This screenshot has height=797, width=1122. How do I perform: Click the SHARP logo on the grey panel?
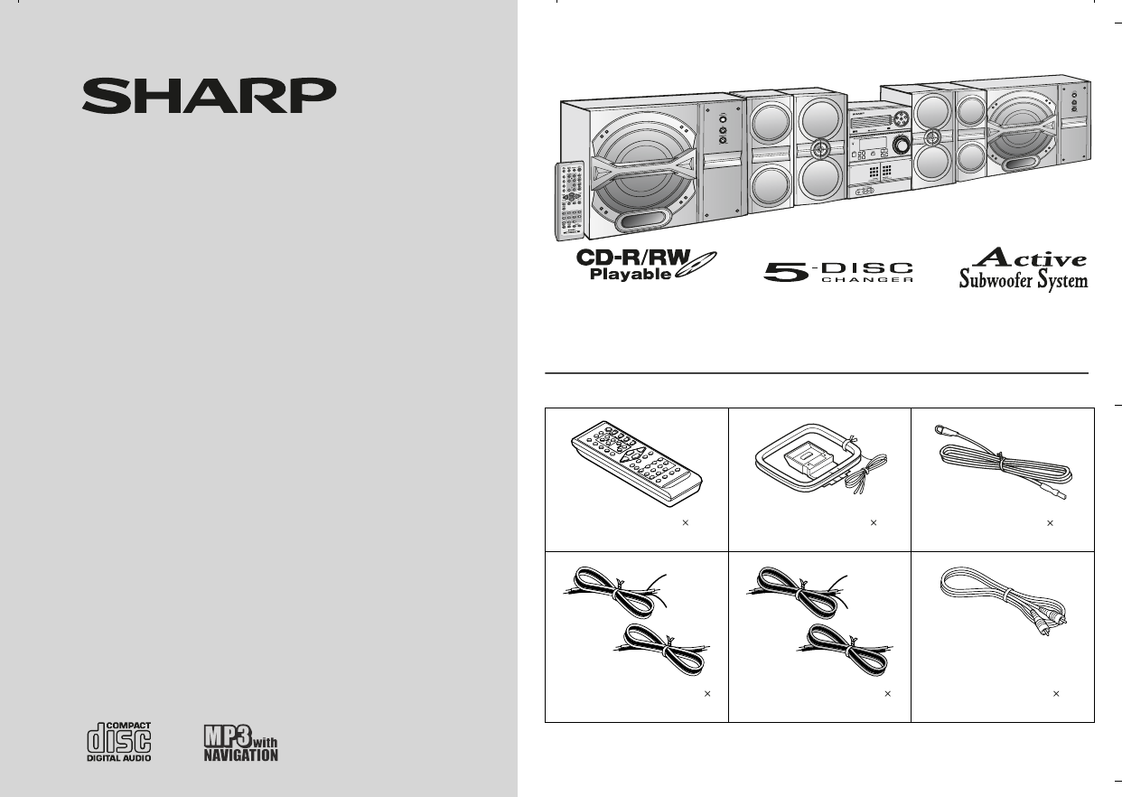coord(210,95)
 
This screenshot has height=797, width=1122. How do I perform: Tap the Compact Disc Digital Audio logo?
coord(118,741)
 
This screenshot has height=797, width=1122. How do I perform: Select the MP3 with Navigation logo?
coord(238,742)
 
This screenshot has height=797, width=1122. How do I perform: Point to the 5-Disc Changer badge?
coord(837,271)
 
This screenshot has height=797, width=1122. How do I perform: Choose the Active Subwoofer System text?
coord(1023,269)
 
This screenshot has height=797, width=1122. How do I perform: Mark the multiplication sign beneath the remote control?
coord(686,523)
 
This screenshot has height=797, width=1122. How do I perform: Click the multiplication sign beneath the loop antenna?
coord(874,523)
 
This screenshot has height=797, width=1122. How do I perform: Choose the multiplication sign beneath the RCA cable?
coord(1056,694)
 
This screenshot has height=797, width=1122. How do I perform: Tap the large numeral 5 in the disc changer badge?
coord(784,272)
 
